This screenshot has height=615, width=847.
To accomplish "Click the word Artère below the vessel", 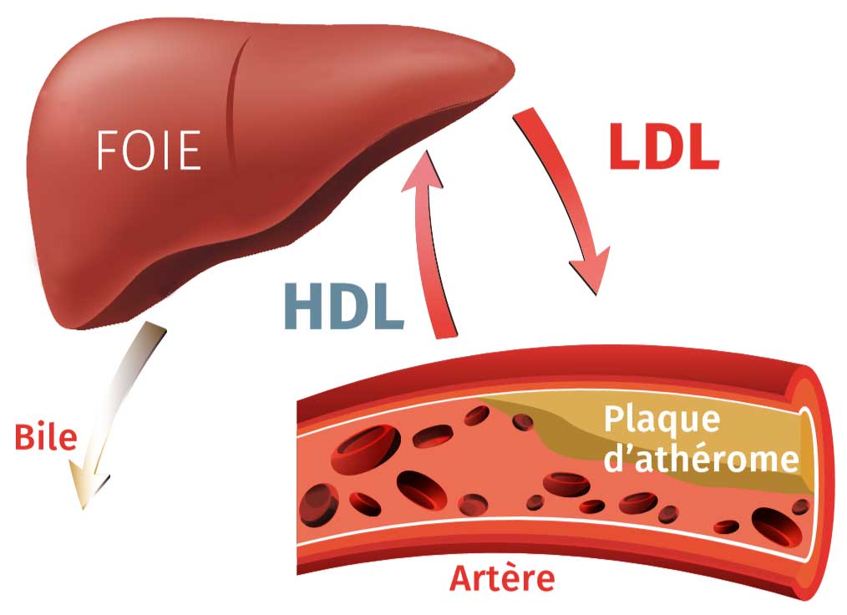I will pyautogui.click(x=502, y=577).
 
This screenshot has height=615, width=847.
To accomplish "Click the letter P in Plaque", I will pyautogui.click(x=614, y=419).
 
